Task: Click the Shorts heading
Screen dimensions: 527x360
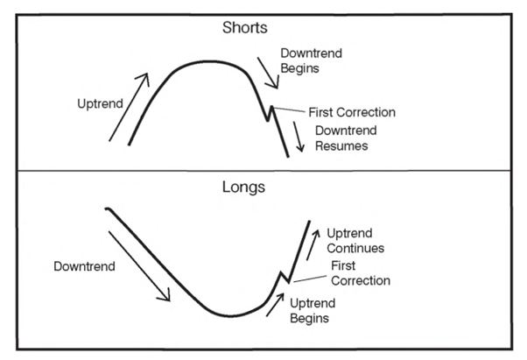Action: click(x=245, y=27)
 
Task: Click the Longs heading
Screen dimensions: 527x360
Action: click(x=243, y=187)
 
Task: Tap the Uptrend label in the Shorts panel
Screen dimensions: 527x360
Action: click(x=100, y=104)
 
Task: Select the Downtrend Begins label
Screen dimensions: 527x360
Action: click(x=312, y=60)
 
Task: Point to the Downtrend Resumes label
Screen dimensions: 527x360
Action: click(x=346, y=138)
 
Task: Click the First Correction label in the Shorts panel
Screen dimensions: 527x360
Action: click(x=352, y=112)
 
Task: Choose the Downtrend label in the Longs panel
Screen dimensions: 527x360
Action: click(x=84, y=266)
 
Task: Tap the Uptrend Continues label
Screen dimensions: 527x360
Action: click(x=355, y=241)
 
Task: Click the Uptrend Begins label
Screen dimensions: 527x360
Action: click(x=313, y=311)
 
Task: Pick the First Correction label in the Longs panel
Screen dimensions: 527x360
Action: click(x=361, y=273)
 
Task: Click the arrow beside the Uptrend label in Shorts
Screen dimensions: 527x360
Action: click(x=129, y=107)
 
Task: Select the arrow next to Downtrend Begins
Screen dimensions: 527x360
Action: click(x=268, y=73)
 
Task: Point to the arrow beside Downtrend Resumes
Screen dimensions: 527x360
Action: click(x=299, y=137)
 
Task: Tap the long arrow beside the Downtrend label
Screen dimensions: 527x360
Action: click(x=139, y=266)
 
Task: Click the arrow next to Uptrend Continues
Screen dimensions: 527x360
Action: click(x=313, y=245)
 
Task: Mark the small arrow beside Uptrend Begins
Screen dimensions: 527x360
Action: click(x=275, y=305)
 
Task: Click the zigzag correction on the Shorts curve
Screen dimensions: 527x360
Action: click(x=270, y=114)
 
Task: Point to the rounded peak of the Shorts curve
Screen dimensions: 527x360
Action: click(x=210, y=61)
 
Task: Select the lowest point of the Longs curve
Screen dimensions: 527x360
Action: click(x=230, y=316)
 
